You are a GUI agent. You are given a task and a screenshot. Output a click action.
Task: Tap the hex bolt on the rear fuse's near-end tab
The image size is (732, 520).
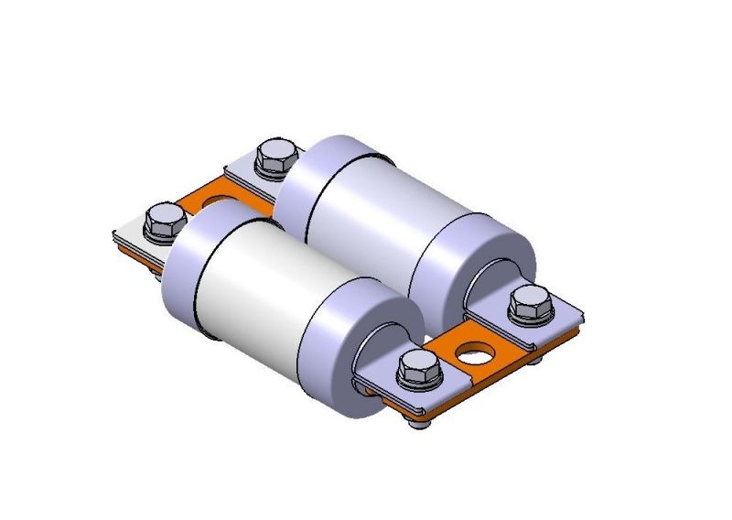pyautogui.click(x=528, y=302)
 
